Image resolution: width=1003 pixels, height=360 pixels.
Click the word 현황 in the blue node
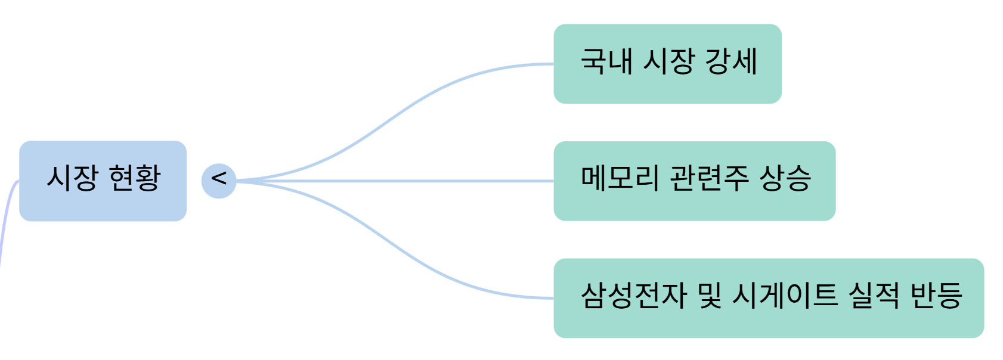pyautogui.click(x=135, y=178)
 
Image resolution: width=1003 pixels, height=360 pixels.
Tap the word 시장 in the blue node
pyautogui.click(x=72, y=178)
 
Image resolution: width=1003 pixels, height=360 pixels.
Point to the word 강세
pyautogui.click(x=731, y=61)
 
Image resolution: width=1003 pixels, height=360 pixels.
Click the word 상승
pyautogui.click(x=785, y=178)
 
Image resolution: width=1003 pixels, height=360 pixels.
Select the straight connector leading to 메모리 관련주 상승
pyautogui.click(x=394, y=181)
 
